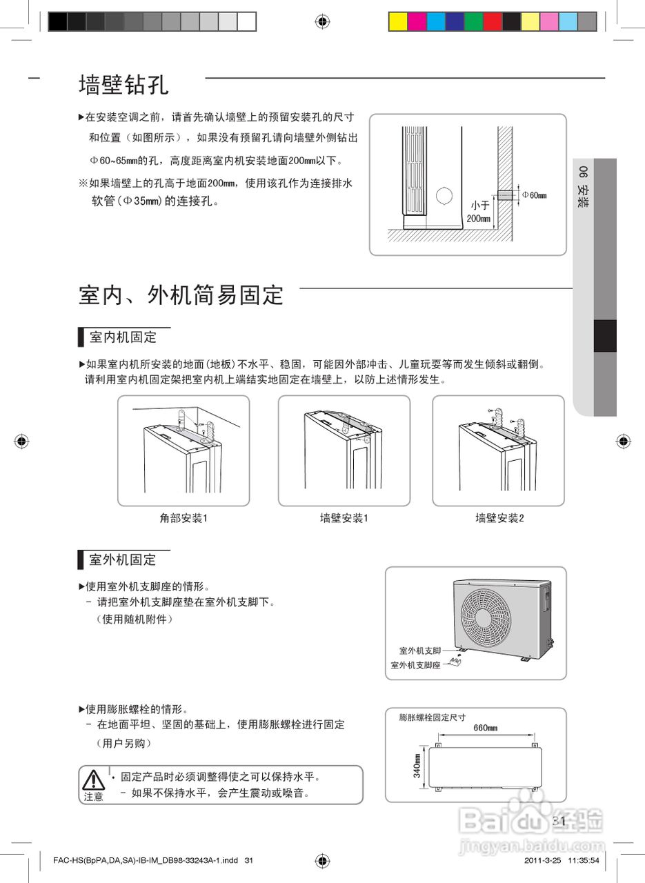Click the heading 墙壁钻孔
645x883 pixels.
[123, 86]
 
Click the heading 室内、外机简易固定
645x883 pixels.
[181, 295]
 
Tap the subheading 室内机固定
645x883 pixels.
[123, 337]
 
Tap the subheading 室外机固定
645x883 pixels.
[123, 559]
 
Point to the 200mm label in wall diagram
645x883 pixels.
[478, 219]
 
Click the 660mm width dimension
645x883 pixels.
[486, 728]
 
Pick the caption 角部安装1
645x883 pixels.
[183, 517]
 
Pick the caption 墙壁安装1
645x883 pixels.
[344, 517]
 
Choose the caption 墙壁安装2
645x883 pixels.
[499, 517]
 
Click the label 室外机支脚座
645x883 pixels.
[415, 665]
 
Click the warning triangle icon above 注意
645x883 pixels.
[93, 780]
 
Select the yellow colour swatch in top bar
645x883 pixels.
[398, 22]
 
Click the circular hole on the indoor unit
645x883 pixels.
[446, 195]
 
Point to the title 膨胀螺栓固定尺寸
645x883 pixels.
[433, 717]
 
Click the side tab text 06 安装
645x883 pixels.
[584, 187]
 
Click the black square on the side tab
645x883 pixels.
[605, 337]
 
